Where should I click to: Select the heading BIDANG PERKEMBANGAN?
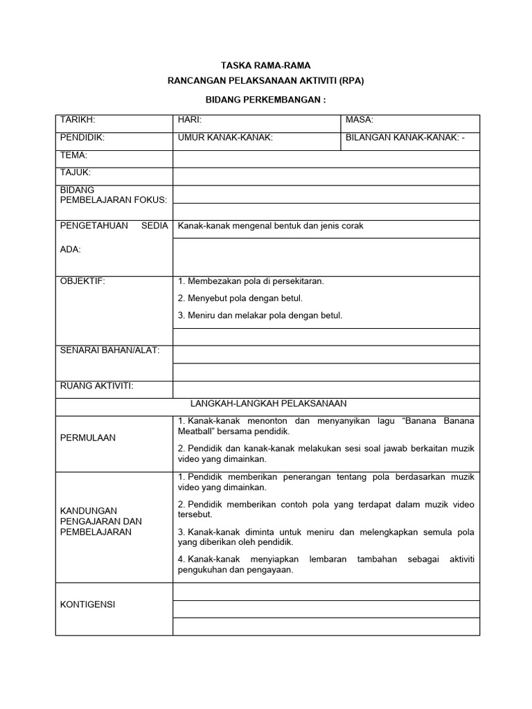(266, 100)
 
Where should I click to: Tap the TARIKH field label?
(78, 120)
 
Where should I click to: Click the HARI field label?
(189, 120)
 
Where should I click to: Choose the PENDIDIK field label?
(82, 138)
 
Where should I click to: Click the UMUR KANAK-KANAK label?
(225, 138)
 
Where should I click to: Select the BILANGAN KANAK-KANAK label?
(406, 138)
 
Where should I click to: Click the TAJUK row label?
(76, 172)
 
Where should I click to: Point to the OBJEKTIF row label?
(82, 281)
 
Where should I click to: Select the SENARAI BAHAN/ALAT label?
(109, 350)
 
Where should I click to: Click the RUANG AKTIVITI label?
(96, 385)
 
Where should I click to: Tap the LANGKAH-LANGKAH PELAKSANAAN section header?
(268, 402)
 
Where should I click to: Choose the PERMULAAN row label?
(88, 438)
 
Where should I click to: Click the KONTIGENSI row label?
(88, 604)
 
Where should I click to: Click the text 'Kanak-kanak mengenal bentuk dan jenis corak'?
(271, 226)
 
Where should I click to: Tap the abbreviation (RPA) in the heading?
(348, 81)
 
